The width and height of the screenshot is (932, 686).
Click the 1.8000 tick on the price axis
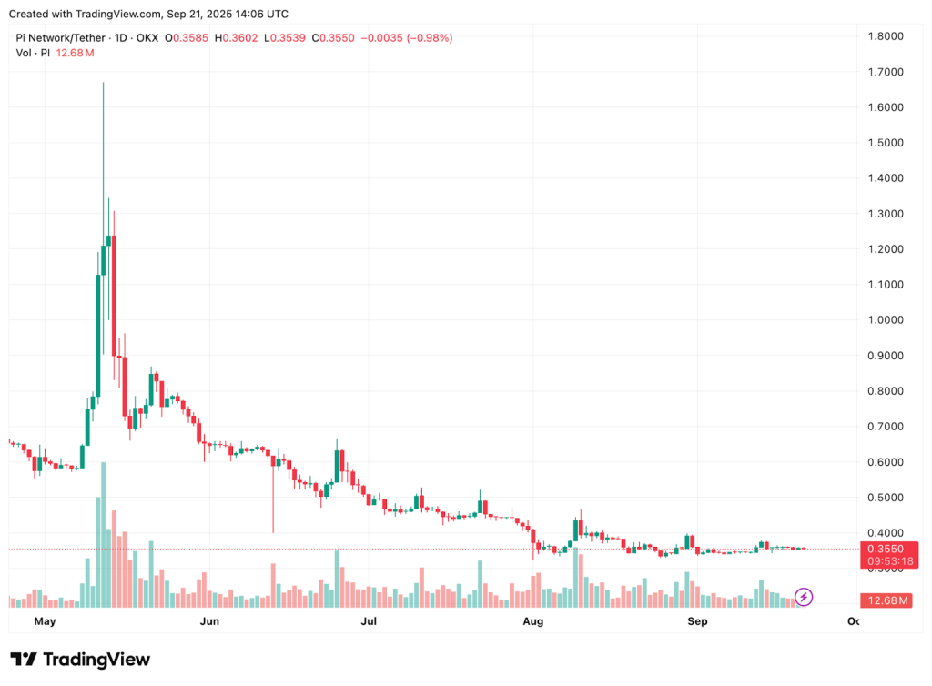tap(886, 36)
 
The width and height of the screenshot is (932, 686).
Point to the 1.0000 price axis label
tap(886, 320)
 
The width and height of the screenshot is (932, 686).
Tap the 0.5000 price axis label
tap(886, 498)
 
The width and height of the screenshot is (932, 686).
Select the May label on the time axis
tap(45, 622)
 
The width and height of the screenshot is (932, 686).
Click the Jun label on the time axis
tap(209, 622)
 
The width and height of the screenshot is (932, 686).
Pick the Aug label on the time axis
tap(533, 622)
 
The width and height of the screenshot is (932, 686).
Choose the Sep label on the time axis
tap(697, 622)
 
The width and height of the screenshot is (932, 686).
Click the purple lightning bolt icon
tap(804, 597)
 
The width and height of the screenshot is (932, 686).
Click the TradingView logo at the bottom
tap(80, 660)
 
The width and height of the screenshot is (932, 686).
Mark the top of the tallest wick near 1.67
tap(104, 84)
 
